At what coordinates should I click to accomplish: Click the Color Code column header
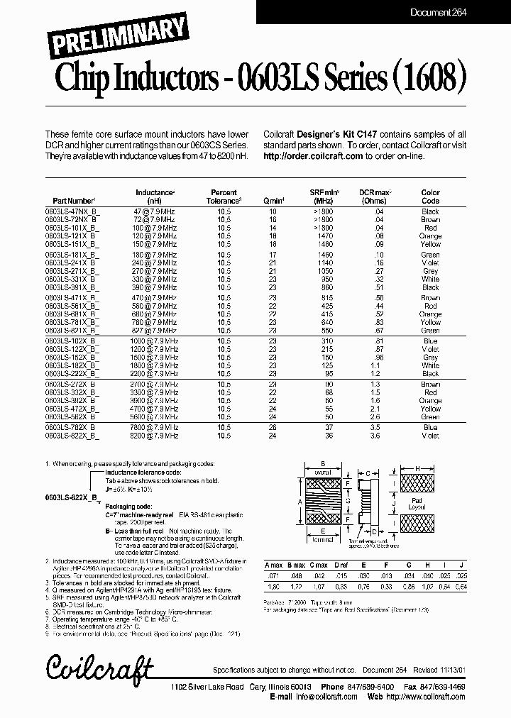point(431,197)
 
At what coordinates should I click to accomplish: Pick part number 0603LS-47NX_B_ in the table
point(73,211)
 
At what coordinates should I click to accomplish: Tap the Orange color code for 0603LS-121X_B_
point(431,236)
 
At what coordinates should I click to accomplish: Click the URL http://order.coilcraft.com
point(313,156)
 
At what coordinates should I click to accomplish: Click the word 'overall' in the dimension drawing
point(323,471)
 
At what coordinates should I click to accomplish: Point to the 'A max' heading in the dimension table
point(273,564)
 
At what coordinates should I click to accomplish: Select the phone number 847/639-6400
point(374,687)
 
